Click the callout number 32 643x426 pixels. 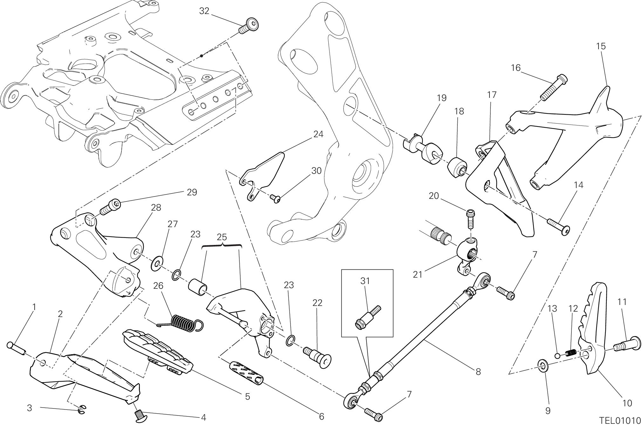(204, 11)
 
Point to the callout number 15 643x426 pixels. (601, 46)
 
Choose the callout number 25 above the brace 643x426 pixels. (222, 237)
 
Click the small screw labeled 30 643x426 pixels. (275, 199)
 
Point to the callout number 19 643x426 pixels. (441, 98)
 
